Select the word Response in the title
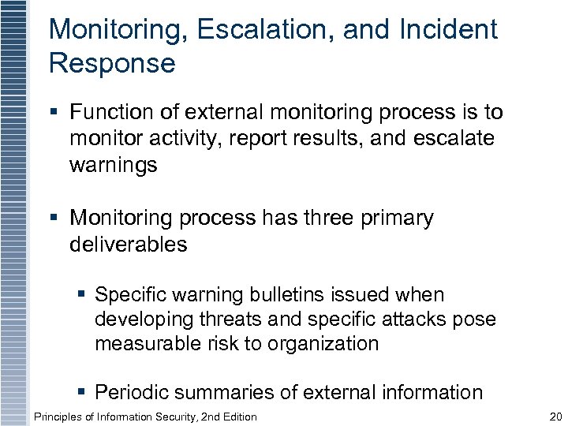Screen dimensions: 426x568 pos(112,64)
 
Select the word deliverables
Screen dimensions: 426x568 pos(129,245)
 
